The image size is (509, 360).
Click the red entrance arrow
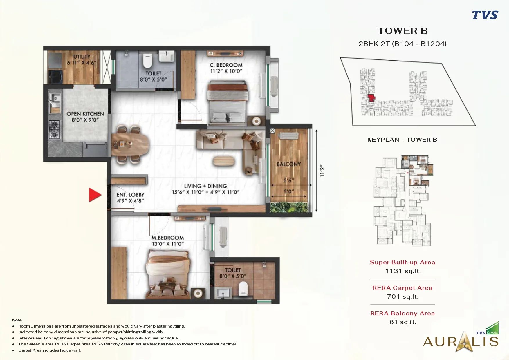coord(95,195)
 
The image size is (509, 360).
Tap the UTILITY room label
coord(82,57)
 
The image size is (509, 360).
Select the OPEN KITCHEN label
coord(85,114)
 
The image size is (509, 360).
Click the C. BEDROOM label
coord(226,65)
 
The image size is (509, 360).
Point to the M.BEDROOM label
coord(168,238)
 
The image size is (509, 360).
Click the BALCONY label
coord(289,164)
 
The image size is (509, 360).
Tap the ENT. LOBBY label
coord(130,195)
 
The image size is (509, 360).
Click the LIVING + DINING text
coord(205,186)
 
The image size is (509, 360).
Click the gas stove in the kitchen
coord(54,130)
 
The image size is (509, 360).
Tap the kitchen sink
coord(55,103)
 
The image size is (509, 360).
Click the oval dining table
coord(130,144)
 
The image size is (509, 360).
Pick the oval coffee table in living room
coord(224,161)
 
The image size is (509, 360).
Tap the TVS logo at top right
coord(485,15)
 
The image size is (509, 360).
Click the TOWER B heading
coord(402,31)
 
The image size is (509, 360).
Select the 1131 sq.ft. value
coord(403,271)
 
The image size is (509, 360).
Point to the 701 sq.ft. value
coord(403,296)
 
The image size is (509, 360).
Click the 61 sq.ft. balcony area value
coord(403,322)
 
